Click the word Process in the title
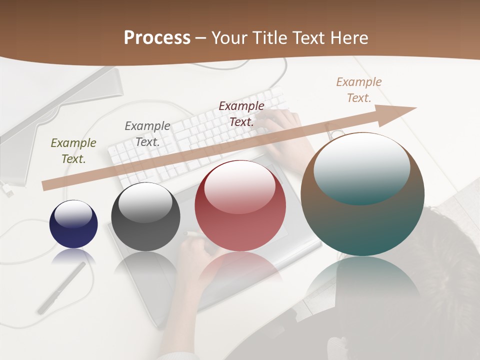coord(157,37)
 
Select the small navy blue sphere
coord(73,224)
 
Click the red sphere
coord(240,206)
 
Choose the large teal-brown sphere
coord(362,195)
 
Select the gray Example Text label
coord(147,134)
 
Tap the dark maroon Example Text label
coord(241,114)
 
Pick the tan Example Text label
coord(359,90)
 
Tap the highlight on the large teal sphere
coord(361,167)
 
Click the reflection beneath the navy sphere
coord(73,256)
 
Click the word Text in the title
coord(308,37)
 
